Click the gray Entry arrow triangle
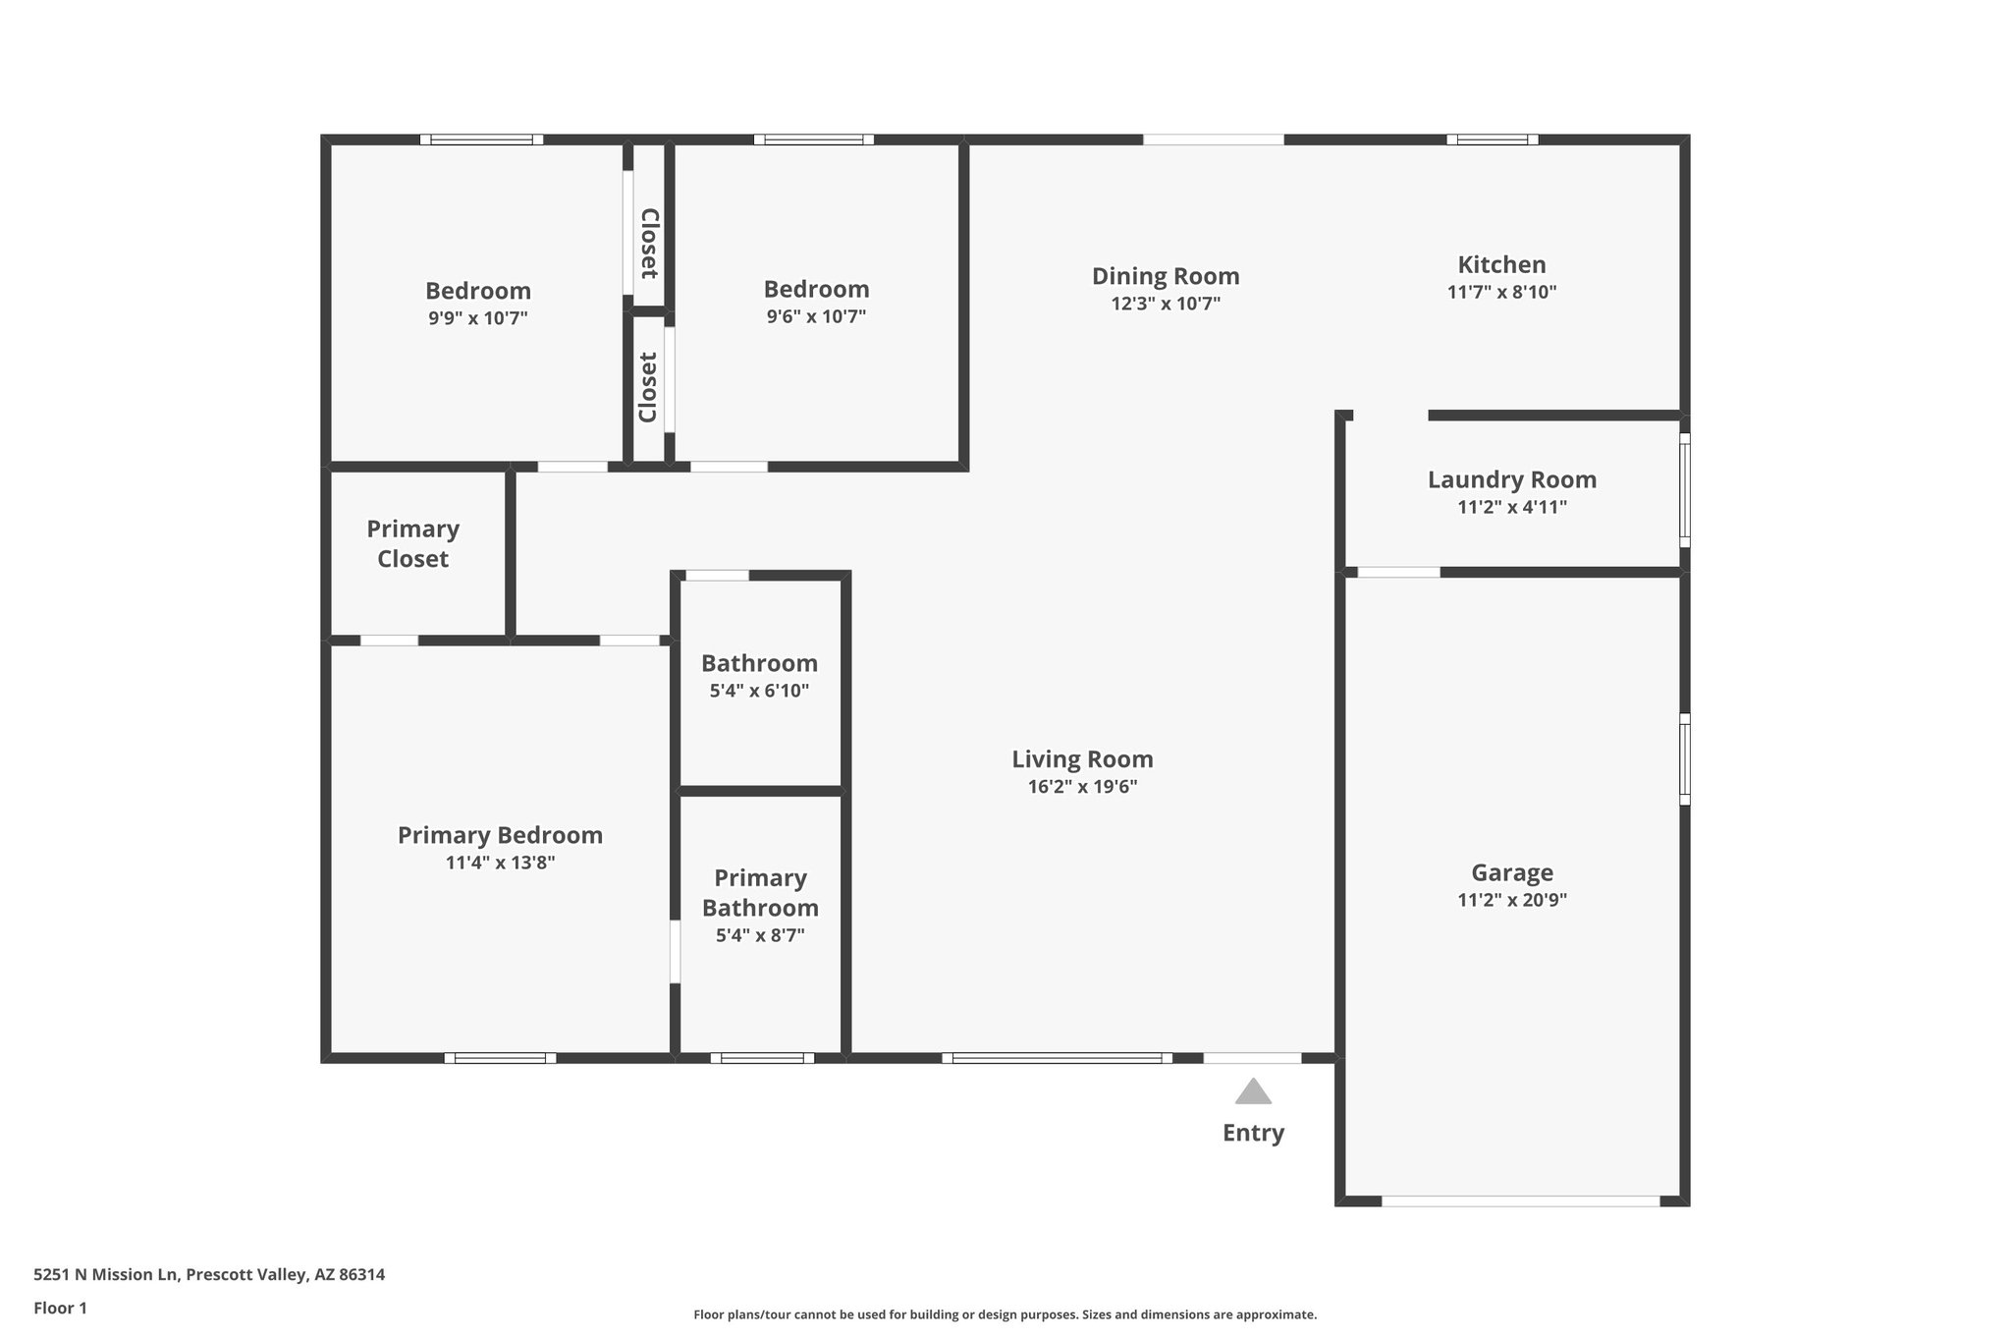click(1253, 1092)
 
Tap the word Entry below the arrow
click(1253, 1133)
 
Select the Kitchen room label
click(1501, 264)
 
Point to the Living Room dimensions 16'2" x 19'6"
click(1082, 787)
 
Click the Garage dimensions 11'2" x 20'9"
click(1511, 900)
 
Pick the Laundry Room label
click(1511, 479)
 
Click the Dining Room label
click(1166, 276)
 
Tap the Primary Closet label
click(413, 543)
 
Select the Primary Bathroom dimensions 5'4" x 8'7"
click(760, 935)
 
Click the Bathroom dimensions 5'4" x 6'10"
click(759, 691)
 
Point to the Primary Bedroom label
click(500, 835)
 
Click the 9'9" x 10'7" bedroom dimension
click(477, 318)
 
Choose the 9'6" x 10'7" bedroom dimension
click(816, 316)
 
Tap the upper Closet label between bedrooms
click(649, 244)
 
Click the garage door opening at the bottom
click(1520, 1201)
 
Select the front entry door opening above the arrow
click(1252, 1058)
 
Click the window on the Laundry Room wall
click(1684, 490)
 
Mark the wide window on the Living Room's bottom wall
click(1057, 1058)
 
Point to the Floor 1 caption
click(60, 1309)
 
